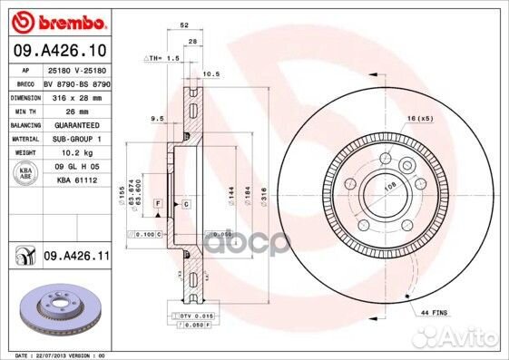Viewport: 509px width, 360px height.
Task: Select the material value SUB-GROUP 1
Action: (x=77, y=139)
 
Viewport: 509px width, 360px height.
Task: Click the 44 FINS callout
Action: (x=433, y=311)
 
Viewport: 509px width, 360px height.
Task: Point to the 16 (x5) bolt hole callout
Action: (x=421, y=118)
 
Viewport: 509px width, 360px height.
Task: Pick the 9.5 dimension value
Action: (x=156, y=117)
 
